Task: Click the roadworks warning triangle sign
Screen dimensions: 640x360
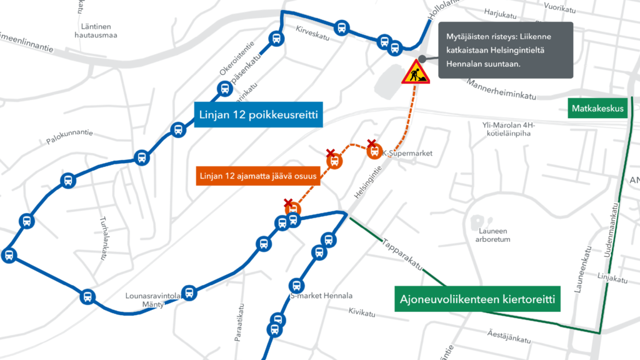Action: coord(414,72)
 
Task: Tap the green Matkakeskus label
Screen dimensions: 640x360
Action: coord(597,109)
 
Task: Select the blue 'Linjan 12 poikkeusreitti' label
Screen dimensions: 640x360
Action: coord(259,115)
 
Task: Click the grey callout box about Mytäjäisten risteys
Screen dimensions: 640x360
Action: coord(505,50)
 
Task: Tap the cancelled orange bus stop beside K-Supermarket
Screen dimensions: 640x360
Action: coord(374,151)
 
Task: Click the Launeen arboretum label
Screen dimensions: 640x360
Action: coord(492,235)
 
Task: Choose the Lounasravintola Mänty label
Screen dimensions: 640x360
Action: coord(145,299)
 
